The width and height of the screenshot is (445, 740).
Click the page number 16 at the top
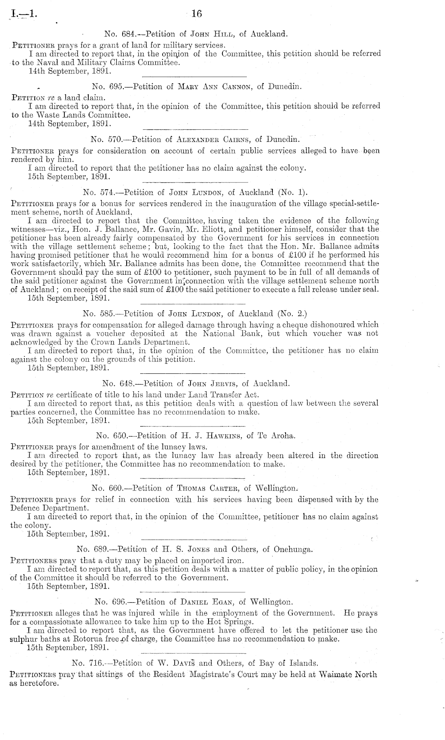pos(197,14)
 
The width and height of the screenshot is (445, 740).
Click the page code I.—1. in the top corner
pos(24,15)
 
